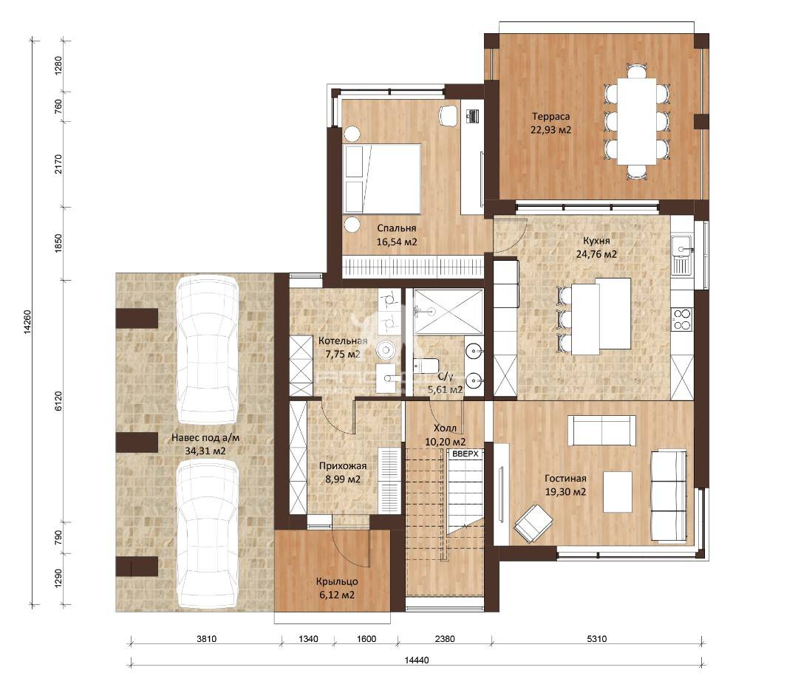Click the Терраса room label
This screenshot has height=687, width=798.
click(550, 117)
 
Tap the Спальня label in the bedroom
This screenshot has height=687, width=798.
click(397, 228)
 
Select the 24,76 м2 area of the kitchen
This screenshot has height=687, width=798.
click(596, 254)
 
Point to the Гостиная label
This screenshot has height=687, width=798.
click(565, 479)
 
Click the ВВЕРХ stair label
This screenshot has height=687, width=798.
click(465, 454)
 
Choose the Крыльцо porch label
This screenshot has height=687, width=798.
click(337, 581)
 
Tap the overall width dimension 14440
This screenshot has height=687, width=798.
click(417, 660)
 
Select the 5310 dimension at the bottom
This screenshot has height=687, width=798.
click(596, 639)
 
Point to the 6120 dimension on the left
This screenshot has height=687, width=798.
click(58, 401)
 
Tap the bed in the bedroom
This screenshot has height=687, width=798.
click(382, 179)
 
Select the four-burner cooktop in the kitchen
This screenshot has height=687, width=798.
click(682, 319)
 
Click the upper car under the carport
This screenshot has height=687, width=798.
click(207, 349)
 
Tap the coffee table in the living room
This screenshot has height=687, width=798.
click(618, 491)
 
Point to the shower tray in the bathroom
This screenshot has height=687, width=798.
click(448, 312)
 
